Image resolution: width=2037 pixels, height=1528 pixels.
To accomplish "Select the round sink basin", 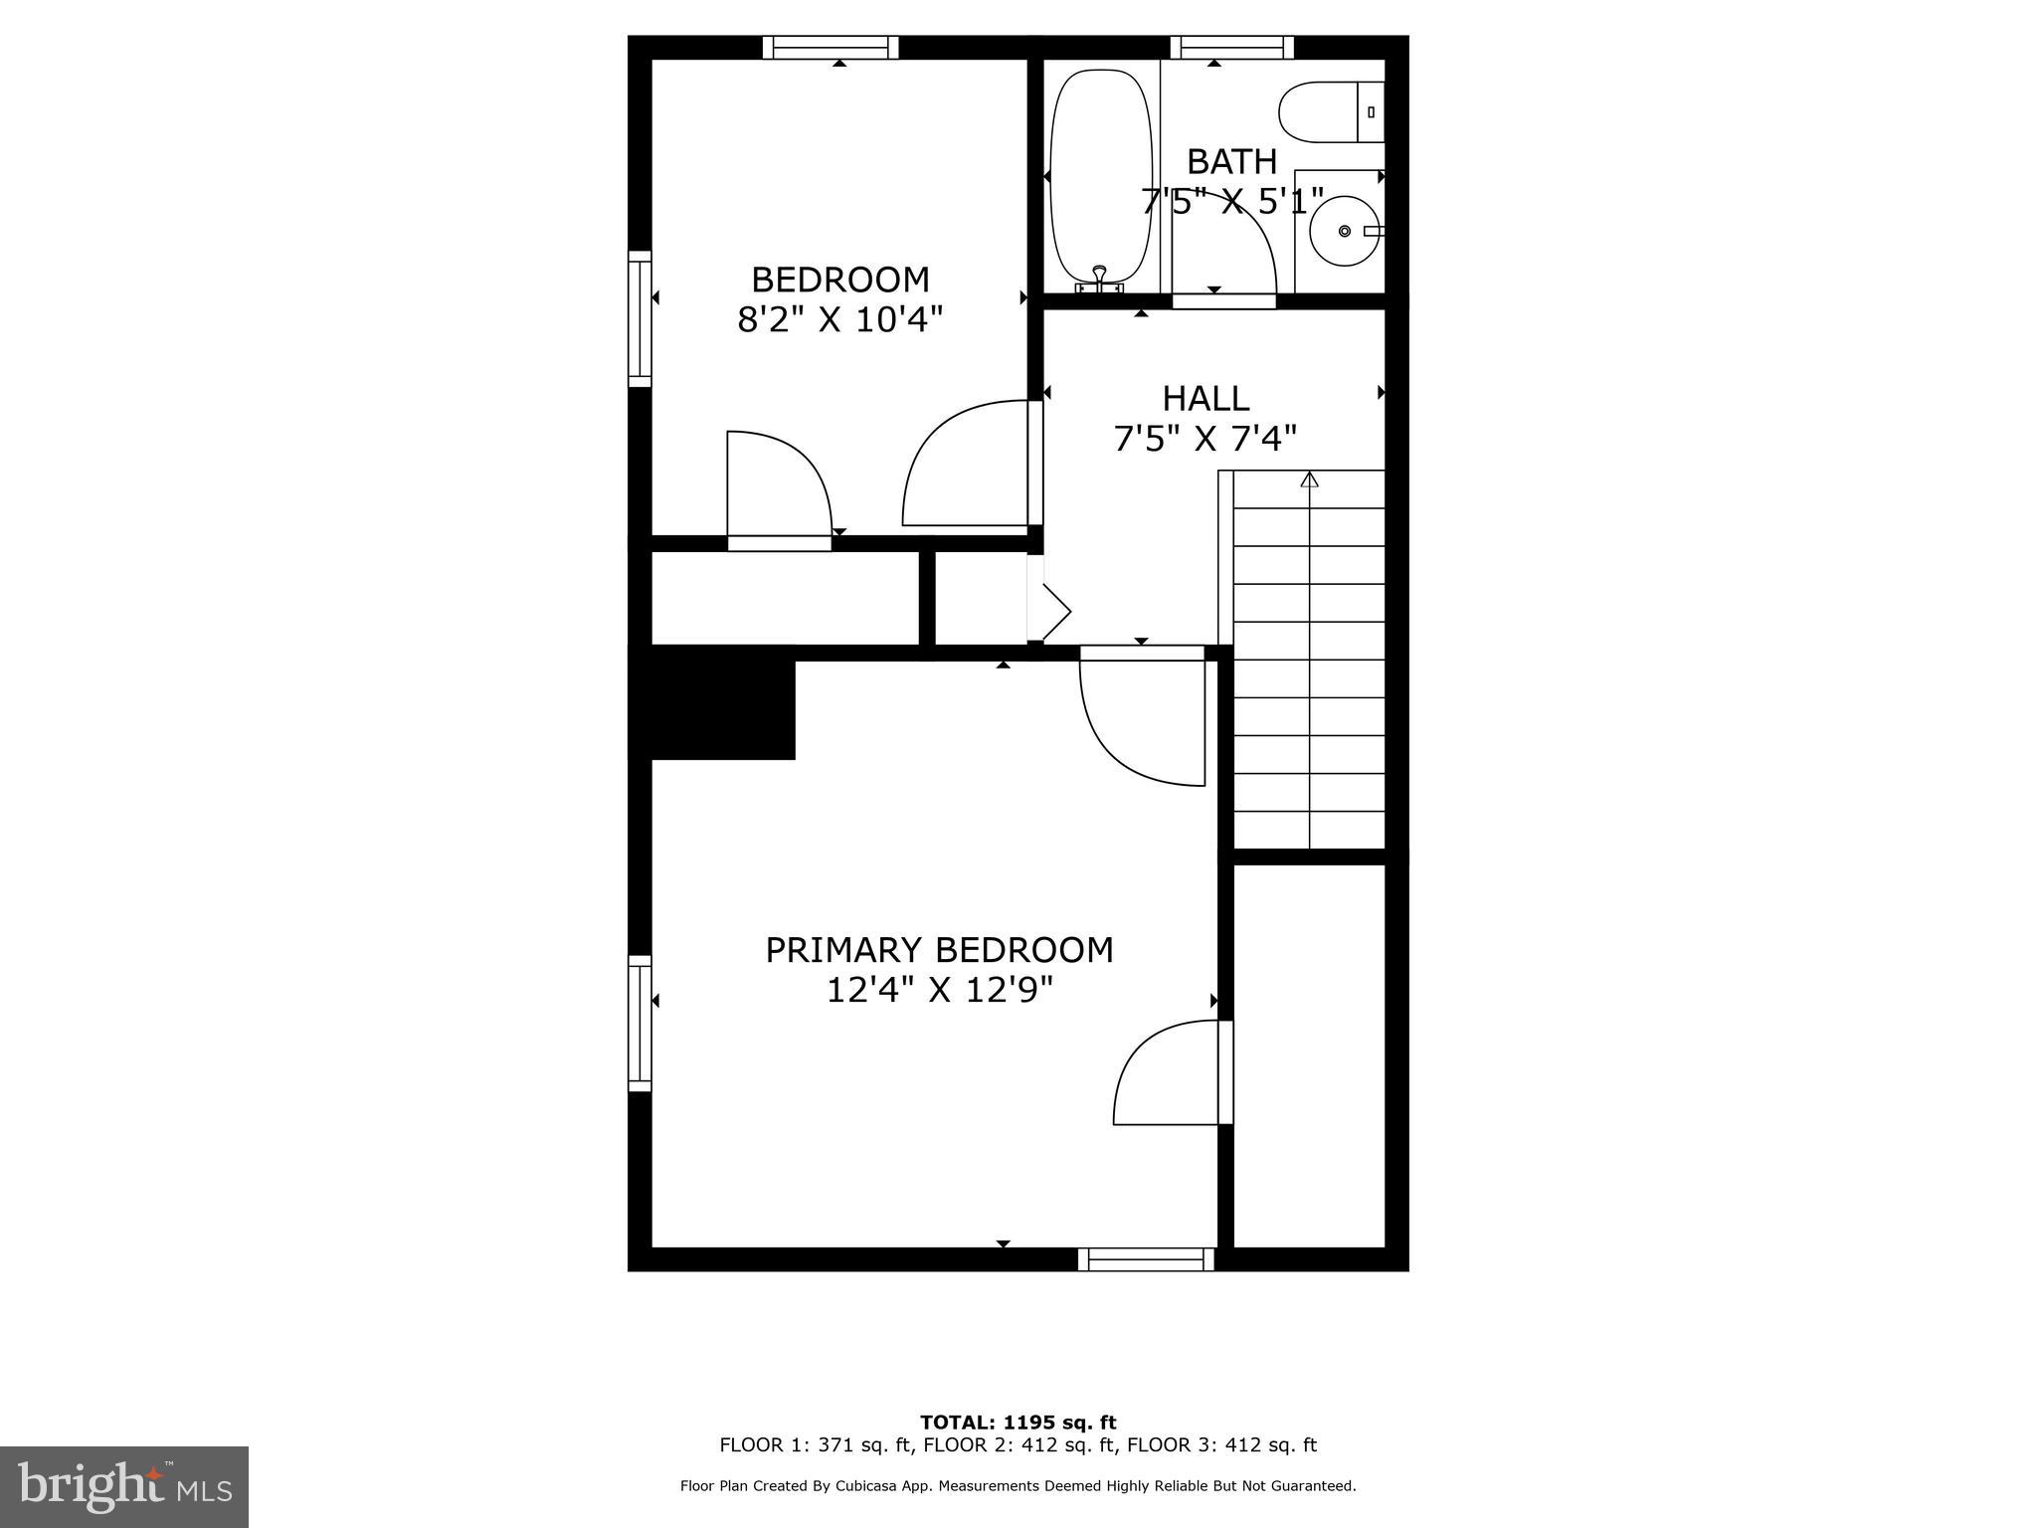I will (1344, 231).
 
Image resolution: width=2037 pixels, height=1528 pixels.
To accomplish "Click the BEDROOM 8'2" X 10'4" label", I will (839, 299).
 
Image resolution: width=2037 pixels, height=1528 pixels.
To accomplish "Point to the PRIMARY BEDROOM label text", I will (938, 950).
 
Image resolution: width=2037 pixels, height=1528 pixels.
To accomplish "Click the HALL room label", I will (1205, 399).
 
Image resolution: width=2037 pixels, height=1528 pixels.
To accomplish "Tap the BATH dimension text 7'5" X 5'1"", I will (1231, 202).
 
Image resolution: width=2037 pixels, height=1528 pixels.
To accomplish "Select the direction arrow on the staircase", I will (1309, 480).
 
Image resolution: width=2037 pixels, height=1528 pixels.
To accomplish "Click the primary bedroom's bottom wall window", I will (1146, 1259).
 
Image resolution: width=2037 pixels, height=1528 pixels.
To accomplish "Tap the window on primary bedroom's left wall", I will (640, 1023).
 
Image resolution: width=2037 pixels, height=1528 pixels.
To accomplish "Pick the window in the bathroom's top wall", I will (1232, 47).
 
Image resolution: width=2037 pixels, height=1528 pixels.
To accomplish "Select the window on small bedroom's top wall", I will (831, 47).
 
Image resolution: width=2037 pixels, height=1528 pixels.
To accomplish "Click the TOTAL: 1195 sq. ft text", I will (1018, 1423).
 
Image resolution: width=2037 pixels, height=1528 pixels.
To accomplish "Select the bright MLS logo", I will (124, 1486).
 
